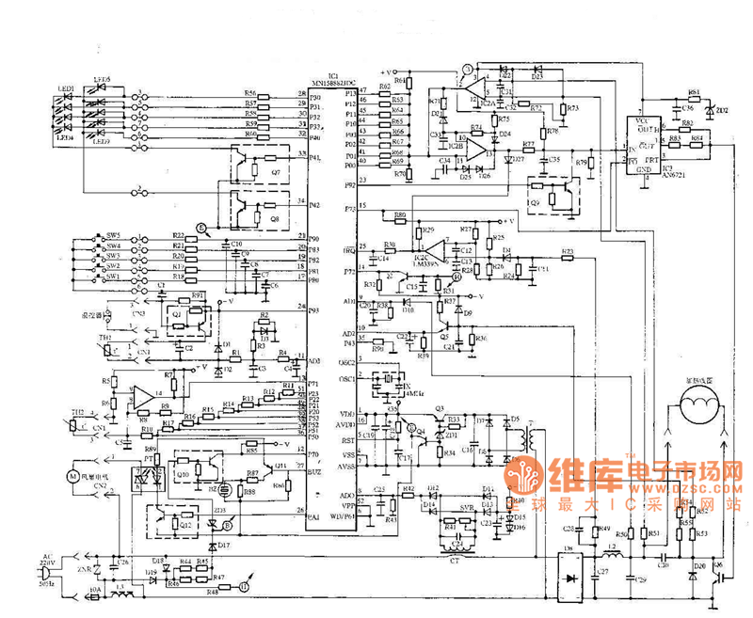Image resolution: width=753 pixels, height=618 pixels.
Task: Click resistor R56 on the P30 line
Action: (250, 94)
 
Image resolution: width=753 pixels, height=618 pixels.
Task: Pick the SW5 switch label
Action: (113, 235)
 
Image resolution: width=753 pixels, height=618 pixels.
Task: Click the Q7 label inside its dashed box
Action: (275, 173)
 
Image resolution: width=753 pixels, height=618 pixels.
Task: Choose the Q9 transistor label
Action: (535, 200)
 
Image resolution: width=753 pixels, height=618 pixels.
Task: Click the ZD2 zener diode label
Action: (723, 110)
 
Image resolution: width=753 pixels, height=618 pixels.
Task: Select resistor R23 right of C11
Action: (567, 251)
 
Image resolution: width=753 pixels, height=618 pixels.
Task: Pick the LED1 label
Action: (67, 87)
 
